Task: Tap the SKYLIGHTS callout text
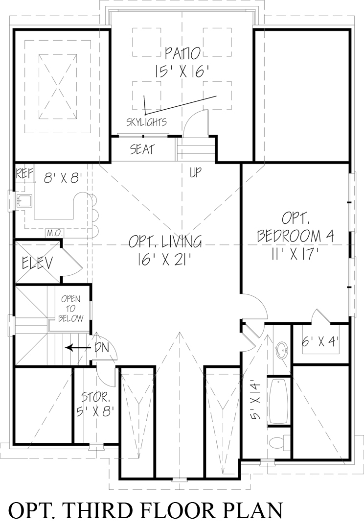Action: coord(146,122)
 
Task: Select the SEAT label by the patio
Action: coord(142,149)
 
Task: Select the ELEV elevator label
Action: coord(37,263)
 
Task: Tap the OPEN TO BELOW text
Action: coord(70,309)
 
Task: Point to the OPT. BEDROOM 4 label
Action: coord(295,226)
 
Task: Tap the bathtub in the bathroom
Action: coord(279,401)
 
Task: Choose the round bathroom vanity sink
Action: coord(281,350)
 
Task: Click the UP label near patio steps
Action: coord(195,172)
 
